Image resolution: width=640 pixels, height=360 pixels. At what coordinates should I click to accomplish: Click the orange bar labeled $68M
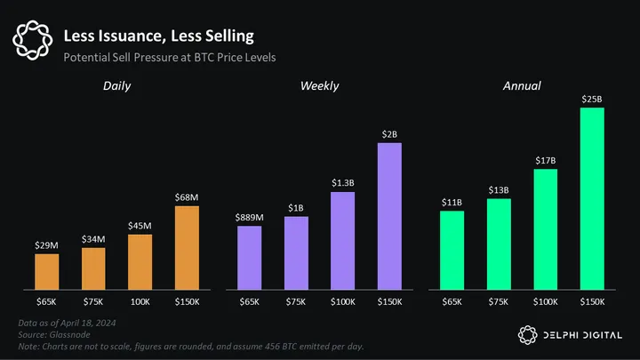coord(187,248)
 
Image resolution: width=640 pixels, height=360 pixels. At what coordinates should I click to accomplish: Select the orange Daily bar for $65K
coord(47,271)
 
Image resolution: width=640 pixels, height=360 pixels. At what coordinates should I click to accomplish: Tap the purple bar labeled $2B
coord(389,216)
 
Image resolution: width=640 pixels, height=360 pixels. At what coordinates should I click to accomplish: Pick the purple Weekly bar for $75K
coord(296,252)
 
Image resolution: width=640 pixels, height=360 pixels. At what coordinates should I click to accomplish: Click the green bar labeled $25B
coord(592,199)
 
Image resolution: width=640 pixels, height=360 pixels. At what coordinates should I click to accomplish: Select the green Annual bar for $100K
coord(545,229)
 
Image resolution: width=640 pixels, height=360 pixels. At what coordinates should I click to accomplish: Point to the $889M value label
coord(250,217)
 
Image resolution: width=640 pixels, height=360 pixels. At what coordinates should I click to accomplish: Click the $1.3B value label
coord(342,183)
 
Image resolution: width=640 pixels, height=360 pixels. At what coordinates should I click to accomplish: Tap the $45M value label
coord(140,225)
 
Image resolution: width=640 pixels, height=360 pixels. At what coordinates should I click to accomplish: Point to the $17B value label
coord(545,160)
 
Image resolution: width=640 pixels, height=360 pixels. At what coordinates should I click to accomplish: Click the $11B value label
coord(452,202)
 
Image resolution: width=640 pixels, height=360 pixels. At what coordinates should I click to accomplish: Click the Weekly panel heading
coord(319,85)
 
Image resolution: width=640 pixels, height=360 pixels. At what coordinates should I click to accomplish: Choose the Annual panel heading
coord(521,85)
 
